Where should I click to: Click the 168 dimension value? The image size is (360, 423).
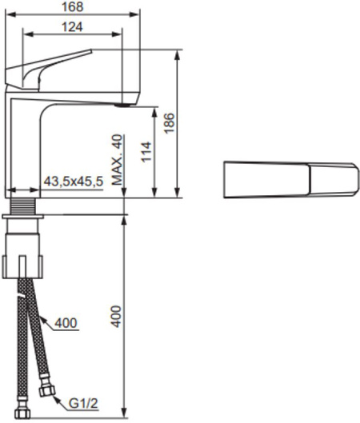[x=73, y=7]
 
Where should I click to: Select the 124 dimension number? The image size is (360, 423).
[x=72, y=27]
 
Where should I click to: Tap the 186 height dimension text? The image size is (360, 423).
[x=170, y=123]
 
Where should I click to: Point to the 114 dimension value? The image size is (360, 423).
[x=146, y=151]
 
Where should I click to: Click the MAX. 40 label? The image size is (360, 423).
[x=117, y=160]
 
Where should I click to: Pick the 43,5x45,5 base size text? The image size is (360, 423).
[x=74, y=182]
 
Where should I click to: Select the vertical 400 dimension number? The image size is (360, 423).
[x=116, y=317]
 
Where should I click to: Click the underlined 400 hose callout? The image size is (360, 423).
[x=66, y=322]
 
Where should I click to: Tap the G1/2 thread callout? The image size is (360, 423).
[x=83, y=404]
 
